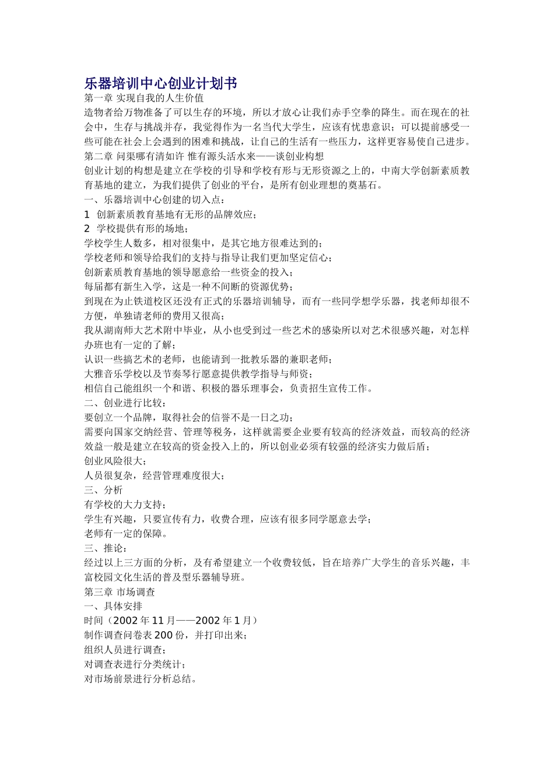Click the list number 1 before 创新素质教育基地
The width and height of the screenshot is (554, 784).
pos(87,214)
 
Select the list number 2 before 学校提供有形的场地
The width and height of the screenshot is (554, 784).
pos(87,229)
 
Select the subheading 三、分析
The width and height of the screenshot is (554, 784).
pos(103,490)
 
